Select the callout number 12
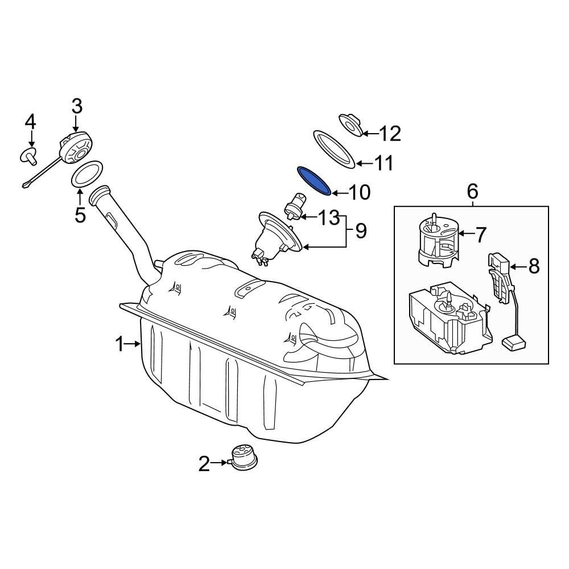[390, 134]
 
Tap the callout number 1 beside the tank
[119, 344]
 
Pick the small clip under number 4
[29, 156]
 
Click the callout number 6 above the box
[472, 191]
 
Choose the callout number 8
[534, 267]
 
